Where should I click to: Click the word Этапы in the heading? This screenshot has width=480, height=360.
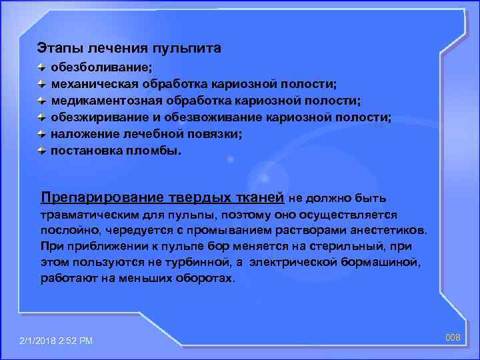56,49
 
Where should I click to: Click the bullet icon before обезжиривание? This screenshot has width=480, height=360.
42,117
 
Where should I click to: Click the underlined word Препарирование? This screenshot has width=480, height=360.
91,197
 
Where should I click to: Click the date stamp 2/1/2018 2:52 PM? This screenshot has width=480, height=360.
57,341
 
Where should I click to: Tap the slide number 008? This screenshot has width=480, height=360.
453,338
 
